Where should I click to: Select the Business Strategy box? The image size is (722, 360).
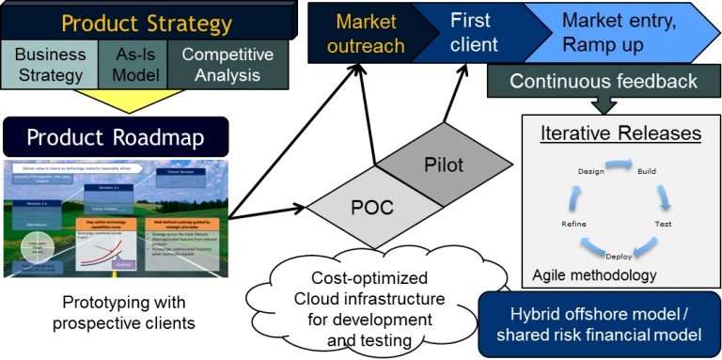(49, 65)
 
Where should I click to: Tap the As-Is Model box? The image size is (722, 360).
(132, 65)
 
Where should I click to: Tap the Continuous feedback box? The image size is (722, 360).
(604, 81)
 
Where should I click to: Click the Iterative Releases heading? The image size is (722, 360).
(620, 133)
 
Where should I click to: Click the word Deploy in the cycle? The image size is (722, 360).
(618, 254)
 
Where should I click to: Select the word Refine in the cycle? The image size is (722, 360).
(573, 225)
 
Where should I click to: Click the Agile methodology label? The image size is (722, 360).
(594, 275)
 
